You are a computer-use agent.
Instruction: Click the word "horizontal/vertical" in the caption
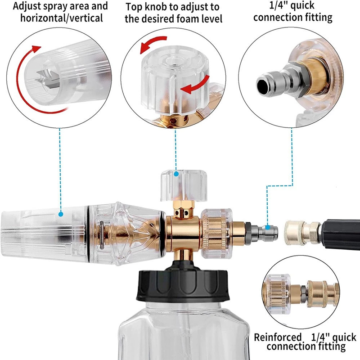[62, 18]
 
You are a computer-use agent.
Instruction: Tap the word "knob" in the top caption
[157, 7]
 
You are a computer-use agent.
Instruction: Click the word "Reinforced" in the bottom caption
[278, 337]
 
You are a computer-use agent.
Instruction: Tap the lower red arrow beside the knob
[196, 85]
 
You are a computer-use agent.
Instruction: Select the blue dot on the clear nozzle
[61, 214]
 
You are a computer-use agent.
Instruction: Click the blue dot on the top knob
[176, 174]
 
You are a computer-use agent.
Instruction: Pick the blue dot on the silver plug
[268, 228]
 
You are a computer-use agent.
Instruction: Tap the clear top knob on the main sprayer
[184, 185]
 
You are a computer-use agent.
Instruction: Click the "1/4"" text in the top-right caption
[279, 5]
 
